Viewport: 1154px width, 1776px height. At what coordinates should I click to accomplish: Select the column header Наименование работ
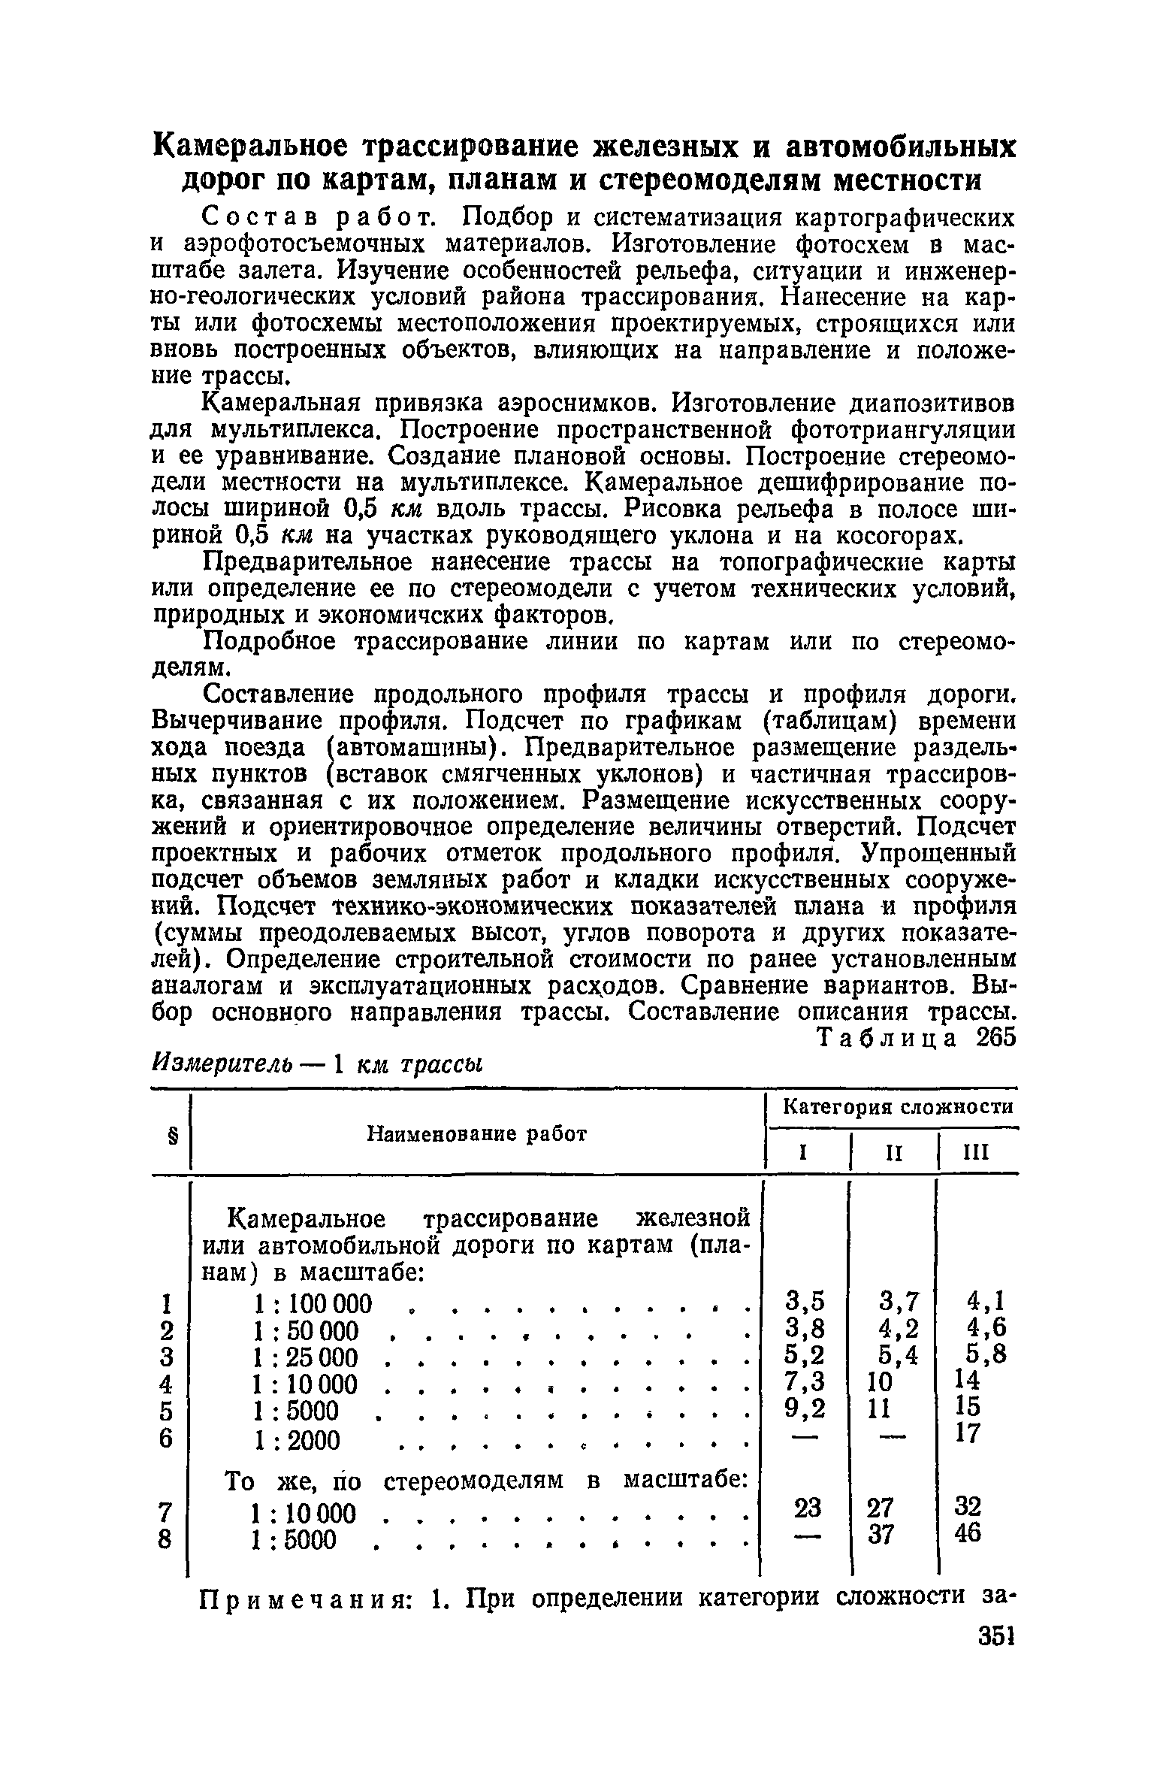(476, 1133)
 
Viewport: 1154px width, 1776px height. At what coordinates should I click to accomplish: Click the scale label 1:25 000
(306, 1358)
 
